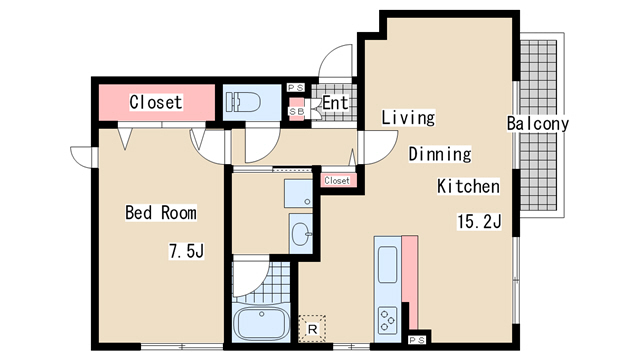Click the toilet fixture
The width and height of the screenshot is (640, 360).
coord(244,102)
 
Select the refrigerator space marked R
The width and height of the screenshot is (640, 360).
coord(312,329)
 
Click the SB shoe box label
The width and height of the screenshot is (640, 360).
coord(297,111)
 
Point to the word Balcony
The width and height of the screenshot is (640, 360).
coord(538,123)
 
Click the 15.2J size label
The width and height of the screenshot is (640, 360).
coord(479,222)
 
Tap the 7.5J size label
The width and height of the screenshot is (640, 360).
coord(187,251)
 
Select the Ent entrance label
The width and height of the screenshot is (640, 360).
coord(335,102)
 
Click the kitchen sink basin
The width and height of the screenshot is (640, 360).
coord(387,264)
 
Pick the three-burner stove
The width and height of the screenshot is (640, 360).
coord(387,320)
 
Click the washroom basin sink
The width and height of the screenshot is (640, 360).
coord(301,234)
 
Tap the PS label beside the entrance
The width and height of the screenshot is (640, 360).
coord(296,88)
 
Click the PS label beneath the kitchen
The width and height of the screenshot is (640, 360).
coord(417,340)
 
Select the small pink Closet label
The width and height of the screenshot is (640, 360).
coord(337,180)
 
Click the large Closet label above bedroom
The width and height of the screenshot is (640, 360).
coord(156,102)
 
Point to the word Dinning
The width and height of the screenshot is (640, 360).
coord(440,154)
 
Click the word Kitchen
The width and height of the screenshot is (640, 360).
coord(468,186)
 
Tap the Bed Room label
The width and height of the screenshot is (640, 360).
coord(161,213)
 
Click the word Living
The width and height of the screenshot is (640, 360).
coord(408,118)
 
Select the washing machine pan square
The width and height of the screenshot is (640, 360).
coord(298,193)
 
